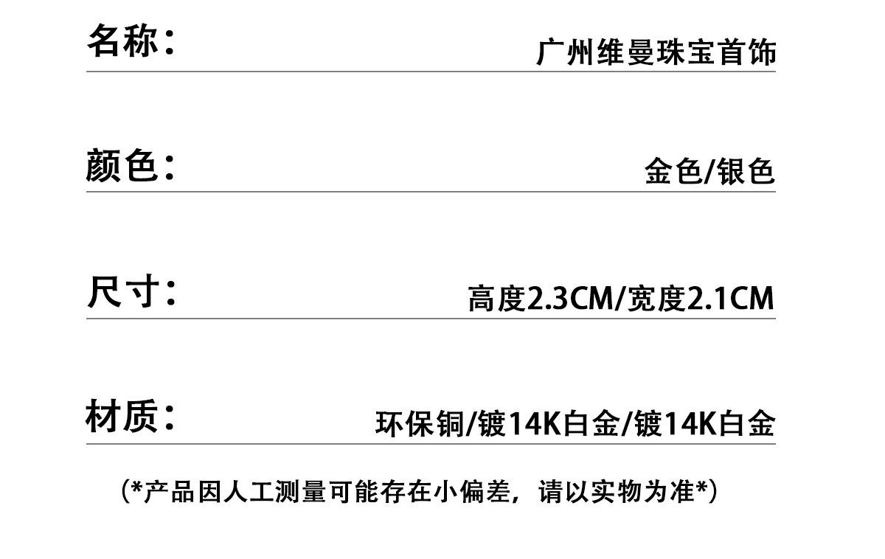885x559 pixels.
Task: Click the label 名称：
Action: [131, 41]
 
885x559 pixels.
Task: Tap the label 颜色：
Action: [131, 165]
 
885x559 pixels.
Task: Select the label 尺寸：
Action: [131, 291]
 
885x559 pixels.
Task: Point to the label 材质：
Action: [131, 417]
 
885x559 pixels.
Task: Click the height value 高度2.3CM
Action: [540, 299]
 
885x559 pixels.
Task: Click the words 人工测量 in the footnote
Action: [285, 491]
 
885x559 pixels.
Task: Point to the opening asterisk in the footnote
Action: [137, 488]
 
